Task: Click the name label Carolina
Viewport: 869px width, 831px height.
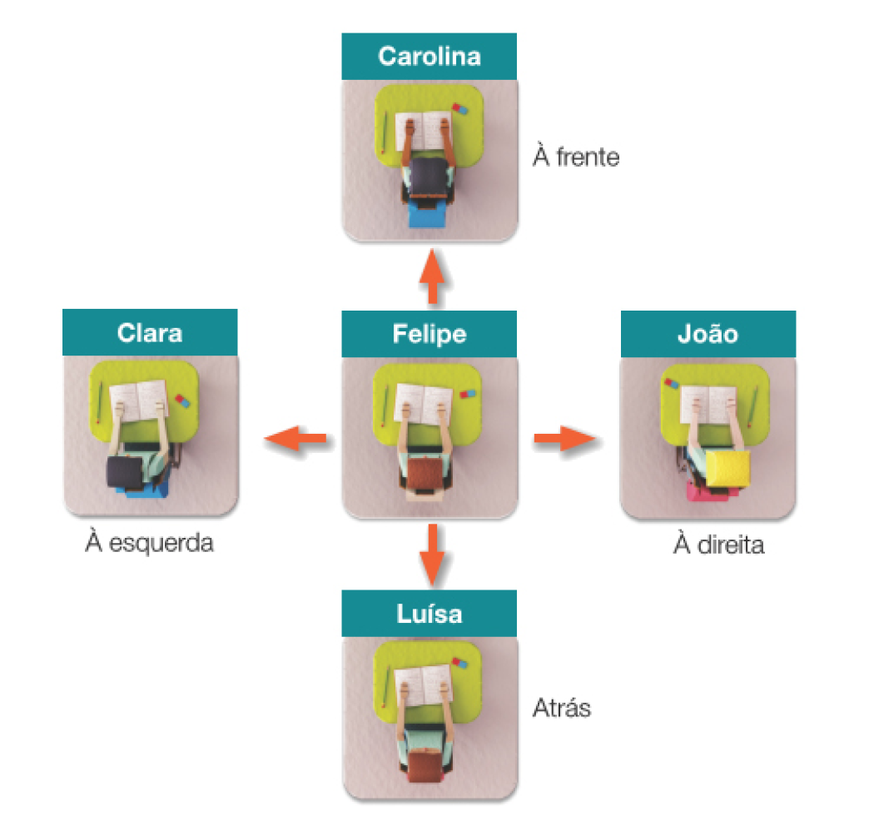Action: [x=430, y=57]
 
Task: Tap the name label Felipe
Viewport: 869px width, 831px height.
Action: [x=430, y=334]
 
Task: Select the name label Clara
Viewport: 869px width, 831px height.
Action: [x=150, y=333]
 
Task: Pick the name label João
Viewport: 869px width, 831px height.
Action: [x=708, y=334]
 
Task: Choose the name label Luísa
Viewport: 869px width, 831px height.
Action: [x=430, y=614]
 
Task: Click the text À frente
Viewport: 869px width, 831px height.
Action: [x=576, y=157]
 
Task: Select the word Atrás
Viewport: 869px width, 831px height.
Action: [x=561, y=709]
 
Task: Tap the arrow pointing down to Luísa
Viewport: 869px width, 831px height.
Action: [x=430, y=555]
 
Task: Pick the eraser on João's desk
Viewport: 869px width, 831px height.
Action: [x=673, y=384]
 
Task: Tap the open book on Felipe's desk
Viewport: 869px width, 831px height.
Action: [x=423, y=402]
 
